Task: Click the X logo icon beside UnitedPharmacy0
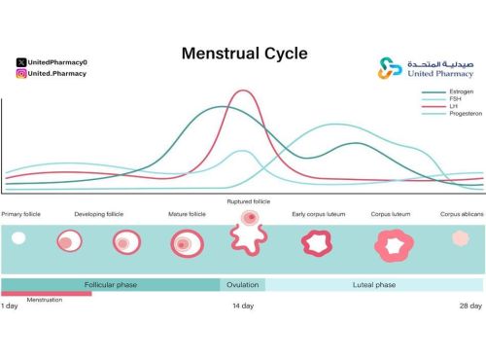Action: tap(21, 62)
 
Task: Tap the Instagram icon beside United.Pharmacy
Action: tap(21, 73)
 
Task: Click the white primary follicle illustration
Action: tap(18, 237)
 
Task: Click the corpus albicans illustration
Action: tap(462, 239)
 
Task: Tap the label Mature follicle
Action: tap(186, 214)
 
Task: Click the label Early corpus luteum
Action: tap(317, 214)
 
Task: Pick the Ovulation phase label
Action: tap(242, 285)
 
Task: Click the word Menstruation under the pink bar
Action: tap(45, 300)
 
